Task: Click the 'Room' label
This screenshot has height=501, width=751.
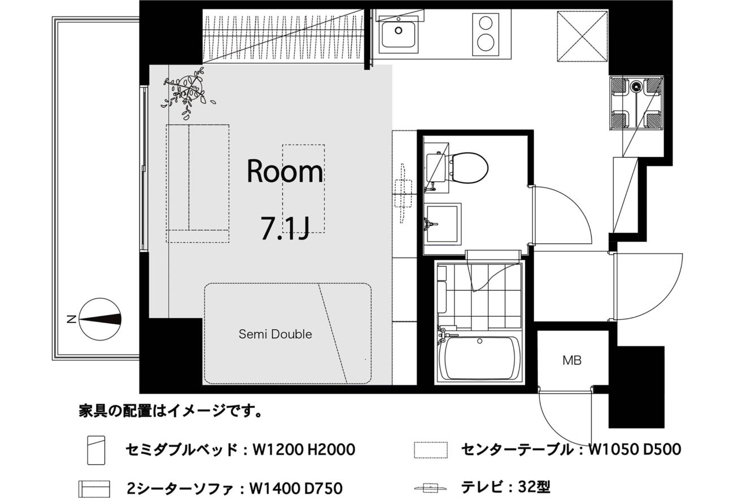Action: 285,171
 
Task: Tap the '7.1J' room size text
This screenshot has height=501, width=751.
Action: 285,228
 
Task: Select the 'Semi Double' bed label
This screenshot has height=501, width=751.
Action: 275,334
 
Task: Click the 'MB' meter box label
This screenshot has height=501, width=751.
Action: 571,360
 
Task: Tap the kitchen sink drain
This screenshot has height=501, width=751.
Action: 398,31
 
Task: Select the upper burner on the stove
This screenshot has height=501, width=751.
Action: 486,23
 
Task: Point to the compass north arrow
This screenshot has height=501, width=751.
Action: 101,319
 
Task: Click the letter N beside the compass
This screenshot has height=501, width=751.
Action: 72,320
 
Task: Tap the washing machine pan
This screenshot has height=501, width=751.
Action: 636,103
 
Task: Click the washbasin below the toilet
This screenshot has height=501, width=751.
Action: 442,224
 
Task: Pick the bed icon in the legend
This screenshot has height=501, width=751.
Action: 96,450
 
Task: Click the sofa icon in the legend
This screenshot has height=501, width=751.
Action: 94,489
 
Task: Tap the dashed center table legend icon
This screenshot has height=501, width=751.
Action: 430,450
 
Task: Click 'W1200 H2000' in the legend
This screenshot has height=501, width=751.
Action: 304,450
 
